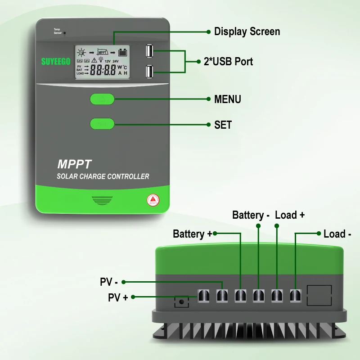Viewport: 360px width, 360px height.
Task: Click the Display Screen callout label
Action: tap(247, 31)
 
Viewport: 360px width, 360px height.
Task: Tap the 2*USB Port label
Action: tap(228, 62)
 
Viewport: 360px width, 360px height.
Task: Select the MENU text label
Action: tap(227, 99)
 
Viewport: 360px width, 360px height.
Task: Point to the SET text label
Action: tap(223, 125)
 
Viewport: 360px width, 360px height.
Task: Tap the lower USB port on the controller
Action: tap(149, 72)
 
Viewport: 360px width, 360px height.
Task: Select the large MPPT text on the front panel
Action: tap(74, 164)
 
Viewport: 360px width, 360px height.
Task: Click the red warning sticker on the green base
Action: tap(153, 199)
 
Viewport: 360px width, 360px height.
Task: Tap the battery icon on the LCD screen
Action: tap(122, 52)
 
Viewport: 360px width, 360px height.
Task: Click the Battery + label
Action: tap(192, 234)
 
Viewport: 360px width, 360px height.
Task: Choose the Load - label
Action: tap(337, 234)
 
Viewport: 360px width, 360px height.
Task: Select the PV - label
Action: tap(108, 283)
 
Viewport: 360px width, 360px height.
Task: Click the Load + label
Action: tap(290, 215)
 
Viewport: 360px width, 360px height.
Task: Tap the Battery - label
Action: tap(251, 215)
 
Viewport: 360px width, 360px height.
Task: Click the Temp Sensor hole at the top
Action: tap(65, 33)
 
